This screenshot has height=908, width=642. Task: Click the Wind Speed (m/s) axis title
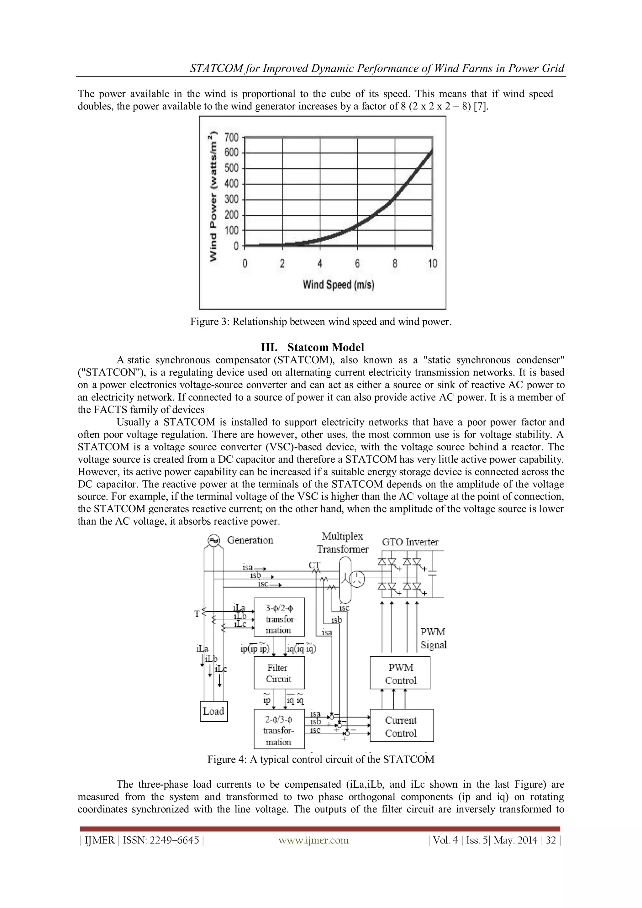click(338, 284)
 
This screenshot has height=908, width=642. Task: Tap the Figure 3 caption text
click(321, 322)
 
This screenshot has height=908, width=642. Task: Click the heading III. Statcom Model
click(313, 347)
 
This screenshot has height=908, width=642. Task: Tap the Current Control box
click(401, 726)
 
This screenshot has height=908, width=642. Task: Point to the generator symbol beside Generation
click(214, 541)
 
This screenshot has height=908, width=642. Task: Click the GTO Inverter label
click(410, 542)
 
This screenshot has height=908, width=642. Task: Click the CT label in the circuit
click(314, 565)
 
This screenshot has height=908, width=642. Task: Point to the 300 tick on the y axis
click(232, 199)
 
